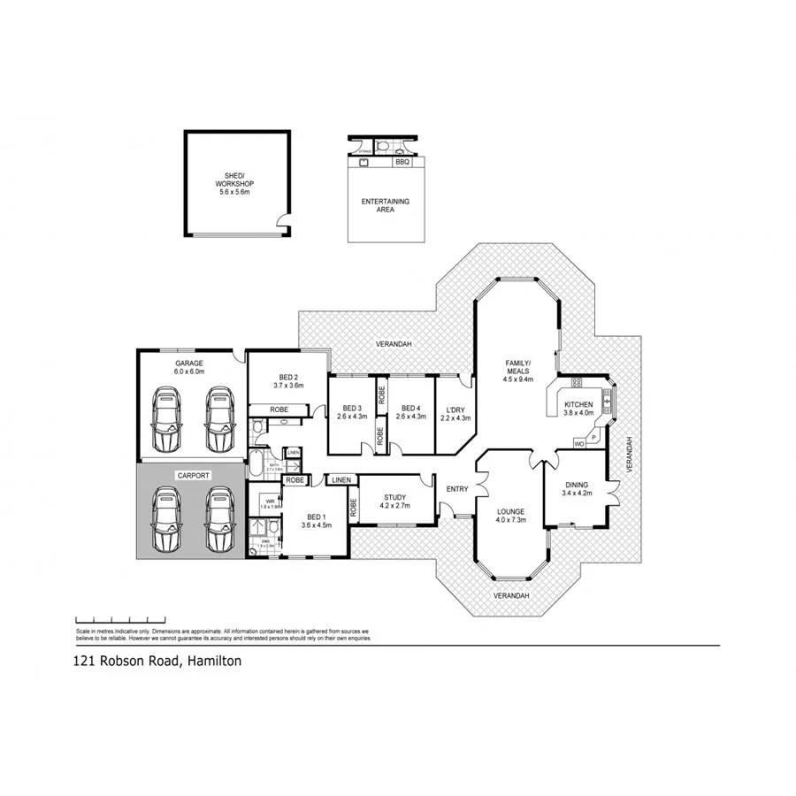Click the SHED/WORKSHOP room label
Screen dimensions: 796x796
(235, 183)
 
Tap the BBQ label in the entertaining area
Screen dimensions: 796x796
(402, 163)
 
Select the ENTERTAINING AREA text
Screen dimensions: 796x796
(386, 206)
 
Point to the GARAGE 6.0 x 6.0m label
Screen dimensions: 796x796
(189, 368)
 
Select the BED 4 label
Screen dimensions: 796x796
(408, 412)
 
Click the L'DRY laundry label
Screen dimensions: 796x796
(457, 413)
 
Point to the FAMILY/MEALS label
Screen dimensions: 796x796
(517, 367)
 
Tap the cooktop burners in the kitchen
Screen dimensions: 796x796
(577, 384)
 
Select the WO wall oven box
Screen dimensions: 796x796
(578, 442)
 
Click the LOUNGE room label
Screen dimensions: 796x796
(510, 516)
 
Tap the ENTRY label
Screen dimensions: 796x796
(457, 489)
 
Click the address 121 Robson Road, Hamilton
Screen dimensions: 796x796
(156, 661)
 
